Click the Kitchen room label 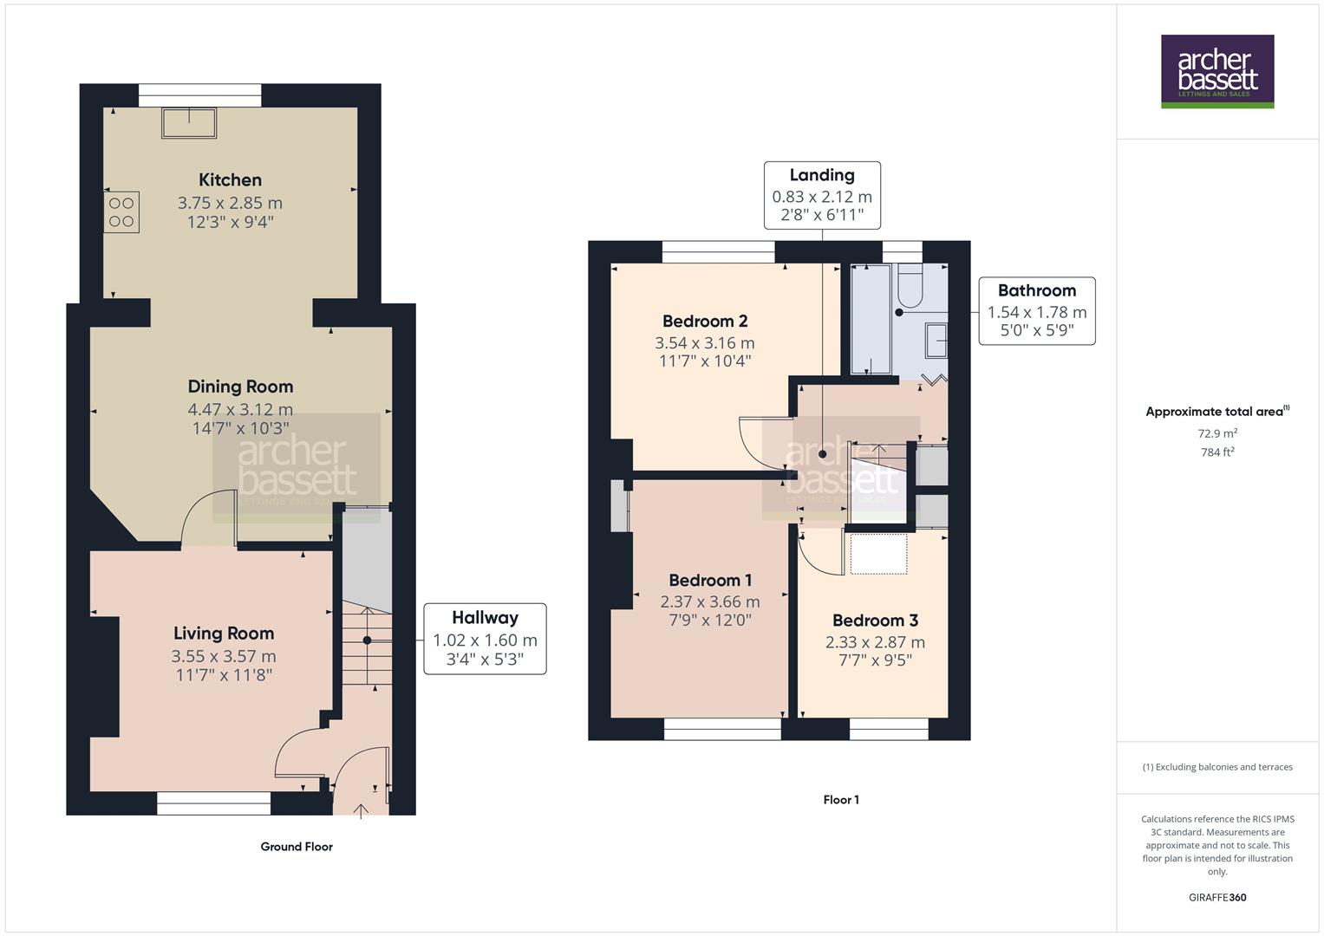coord(230,180)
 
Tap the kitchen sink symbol coord(188,123)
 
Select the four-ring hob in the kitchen coord(121,211)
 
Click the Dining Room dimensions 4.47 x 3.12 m coord(240,409)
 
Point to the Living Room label coord(224,634)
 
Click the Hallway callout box coord(485,640)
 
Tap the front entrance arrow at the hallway coord(361,810)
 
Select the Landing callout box coord(822,195)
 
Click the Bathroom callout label coord(1036,291)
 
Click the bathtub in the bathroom coord(871,319)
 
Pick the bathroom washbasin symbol coord(936,341)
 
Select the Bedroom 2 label coord(705,322)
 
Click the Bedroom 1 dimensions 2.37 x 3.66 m coord(710,601)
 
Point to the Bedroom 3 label coord(875,621)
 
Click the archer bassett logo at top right coord(1217,71)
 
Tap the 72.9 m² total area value coord(1217,433)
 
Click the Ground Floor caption coord(297,847)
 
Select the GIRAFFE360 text coord(1217,897)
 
